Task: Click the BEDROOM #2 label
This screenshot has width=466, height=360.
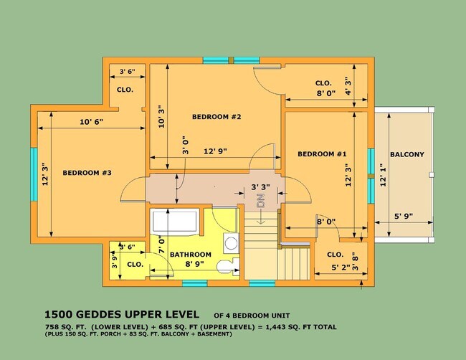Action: tap(217, 117)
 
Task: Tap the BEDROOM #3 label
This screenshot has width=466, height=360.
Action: tap(87, 173)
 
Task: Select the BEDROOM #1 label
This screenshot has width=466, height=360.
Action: tap(322, 154)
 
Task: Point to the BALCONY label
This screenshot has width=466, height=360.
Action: tap(407, 154)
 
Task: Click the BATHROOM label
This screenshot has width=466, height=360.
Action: tap(191, 255)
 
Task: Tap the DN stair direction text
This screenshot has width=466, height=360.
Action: tap(260, 201)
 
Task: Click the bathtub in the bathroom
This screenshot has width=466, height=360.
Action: tap(174, 222)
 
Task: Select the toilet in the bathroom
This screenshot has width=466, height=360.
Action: tap(228, 266)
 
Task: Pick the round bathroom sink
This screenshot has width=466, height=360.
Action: tap(231, 243)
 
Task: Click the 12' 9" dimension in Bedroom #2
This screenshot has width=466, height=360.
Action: tap(215, 151)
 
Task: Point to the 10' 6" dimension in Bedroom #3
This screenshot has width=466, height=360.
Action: tap(92, 122)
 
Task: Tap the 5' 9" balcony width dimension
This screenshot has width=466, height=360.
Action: tap(404, 217)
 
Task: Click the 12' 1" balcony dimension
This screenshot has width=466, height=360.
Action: tap(383, 175)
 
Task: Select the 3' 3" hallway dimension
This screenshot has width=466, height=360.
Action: tap(261, 187)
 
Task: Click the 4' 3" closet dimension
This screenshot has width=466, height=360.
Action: tap(348, 86)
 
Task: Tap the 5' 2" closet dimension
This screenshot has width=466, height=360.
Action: tap(341, 267)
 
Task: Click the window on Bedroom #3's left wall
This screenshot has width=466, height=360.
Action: tap(34, 174)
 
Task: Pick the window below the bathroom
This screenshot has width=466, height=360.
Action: tap(195, 283)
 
